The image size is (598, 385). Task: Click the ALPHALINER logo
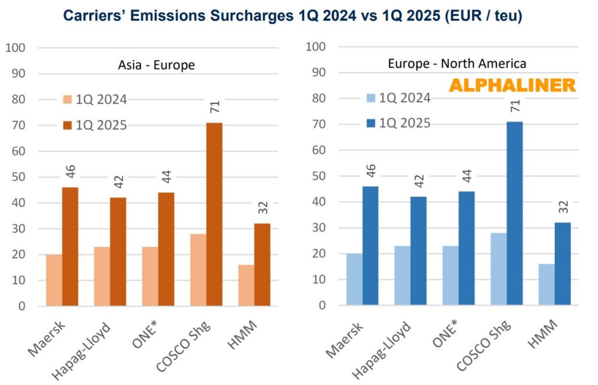(512, 85)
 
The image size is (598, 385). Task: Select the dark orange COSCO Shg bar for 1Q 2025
(214, 214)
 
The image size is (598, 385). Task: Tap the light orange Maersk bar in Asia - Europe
(54, 280)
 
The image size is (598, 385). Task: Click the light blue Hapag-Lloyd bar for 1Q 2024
(402, 275)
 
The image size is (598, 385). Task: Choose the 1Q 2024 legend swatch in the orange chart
(68, 99)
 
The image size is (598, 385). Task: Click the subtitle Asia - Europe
(156, 65)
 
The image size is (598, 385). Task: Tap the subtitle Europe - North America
(457, 63)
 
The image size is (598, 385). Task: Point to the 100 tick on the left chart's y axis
(16, 47)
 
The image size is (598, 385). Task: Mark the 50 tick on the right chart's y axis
(318, 176)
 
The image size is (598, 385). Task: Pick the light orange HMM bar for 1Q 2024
(246, 285)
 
